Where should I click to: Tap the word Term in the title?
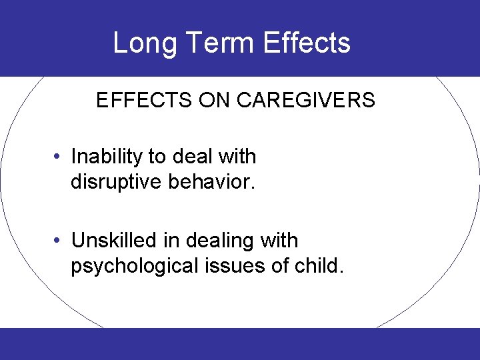(x=217, y=43)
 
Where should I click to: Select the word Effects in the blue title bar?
(x=307, y=43)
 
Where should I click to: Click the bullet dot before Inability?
(x=59, y=157)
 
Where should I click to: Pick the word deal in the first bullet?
(x=191, y=157)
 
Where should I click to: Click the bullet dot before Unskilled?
(x=59, y=241)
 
